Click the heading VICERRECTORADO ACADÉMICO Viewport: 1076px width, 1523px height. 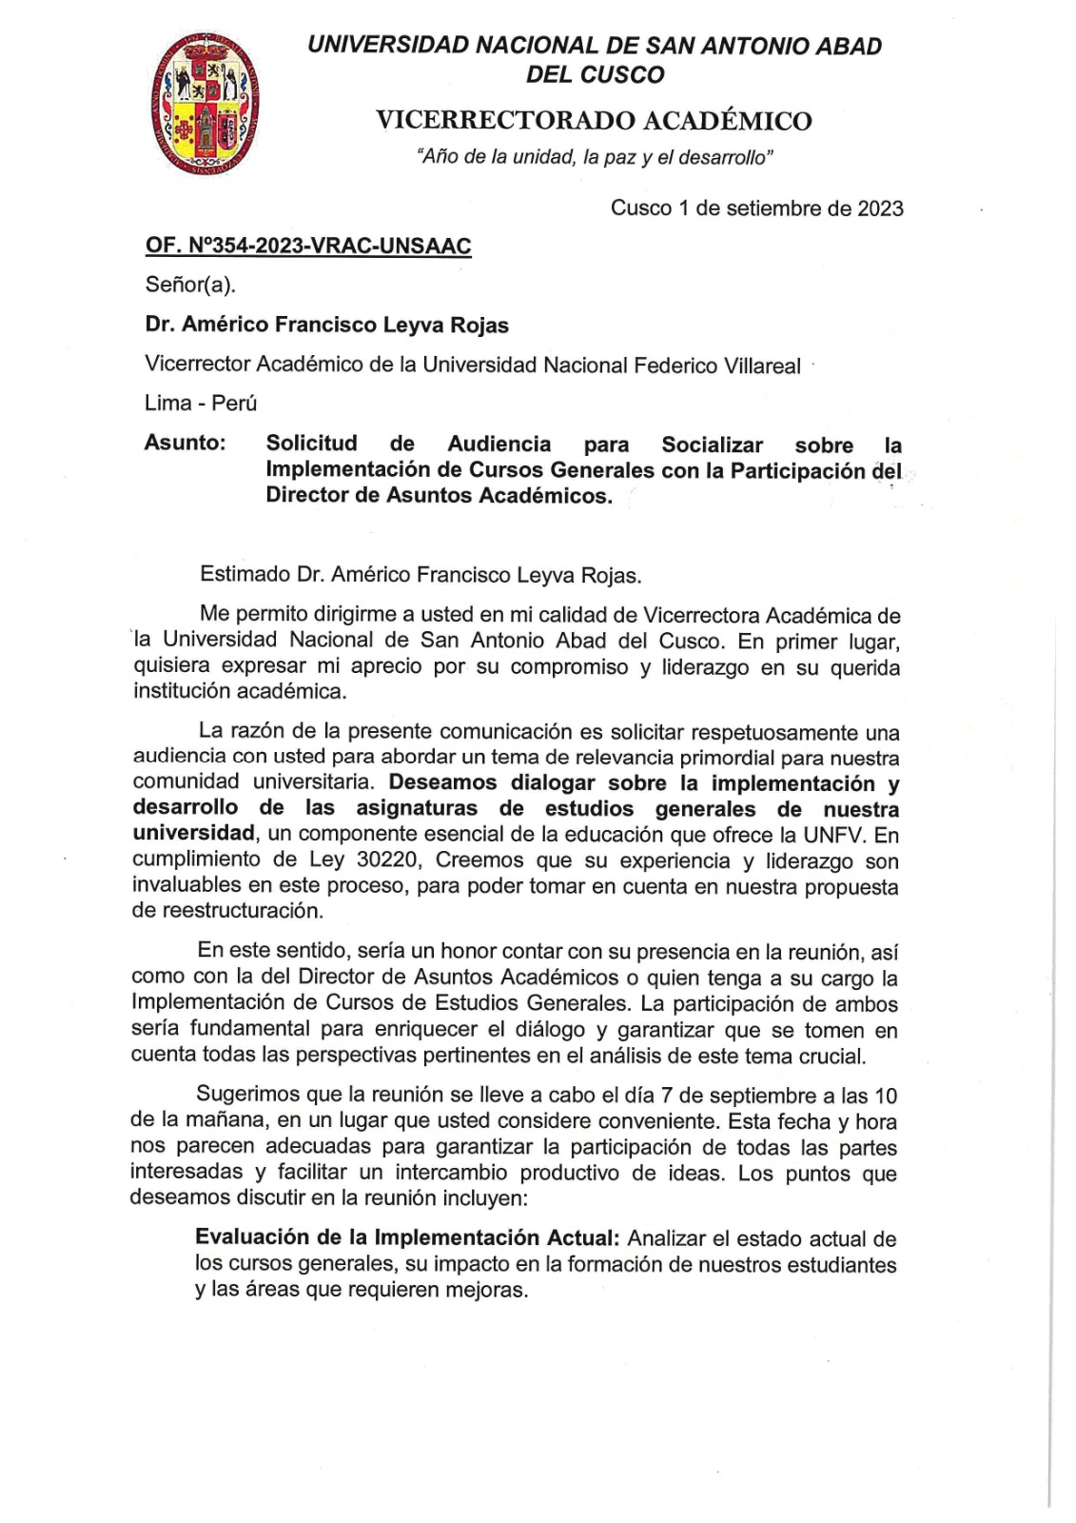(x=594, y=121)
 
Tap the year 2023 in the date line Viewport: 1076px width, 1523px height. (x=878, y=208)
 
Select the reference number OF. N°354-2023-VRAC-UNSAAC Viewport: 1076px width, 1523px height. (x=308, y=247)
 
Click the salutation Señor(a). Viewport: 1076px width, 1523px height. (x=190, y=285)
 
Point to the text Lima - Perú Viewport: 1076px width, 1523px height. (x=201, y=403)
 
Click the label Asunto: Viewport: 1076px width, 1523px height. (x=185, y=443)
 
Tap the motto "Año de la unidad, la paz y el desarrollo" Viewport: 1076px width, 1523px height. (x=595, y=158)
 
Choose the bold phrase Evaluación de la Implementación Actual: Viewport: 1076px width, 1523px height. (x=407, y=1238)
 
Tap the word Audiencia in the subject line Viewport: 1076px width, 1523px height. (x=499, y=444)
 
